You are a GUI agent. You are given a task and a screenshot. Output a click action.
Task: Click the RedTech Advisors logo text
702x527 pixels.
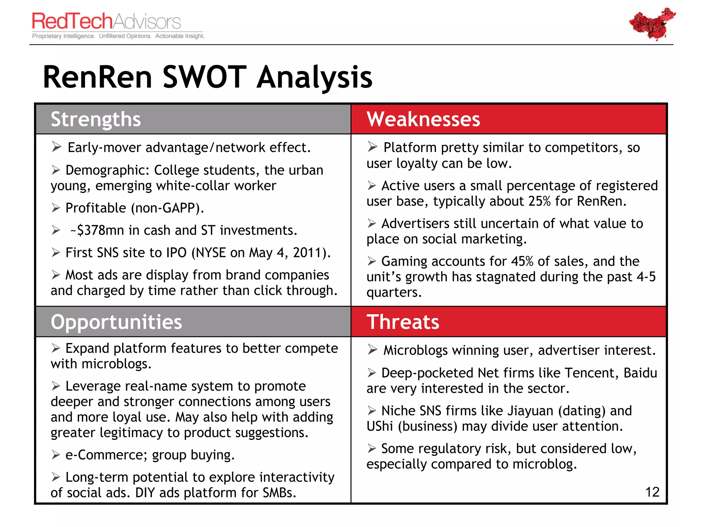click(x=106, y=21)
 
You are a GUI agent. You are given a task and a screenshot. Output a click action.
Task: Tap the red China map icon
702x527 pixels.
click(x=652, y=23)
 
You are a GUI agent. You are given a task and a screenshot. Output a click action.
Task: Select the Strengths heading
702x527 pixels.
click(x=96, y=119)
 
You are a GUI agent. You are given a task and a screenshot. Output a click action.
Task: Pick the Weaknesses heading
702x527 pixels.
click(x=423, y=119)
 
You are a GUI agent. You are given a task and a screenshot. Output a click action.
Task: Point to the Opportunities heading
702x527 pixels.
click(x=116, y=322)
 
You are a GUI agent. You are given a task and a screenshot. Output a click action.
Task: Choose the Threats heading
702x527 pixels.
click(x=403, y=322)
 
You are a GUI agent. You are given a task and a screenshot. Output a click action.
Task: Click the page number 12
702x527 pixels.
click(x=652, y=492)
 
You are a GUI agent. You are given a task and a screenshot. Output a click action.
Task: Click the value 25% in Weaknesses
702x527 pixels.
click(x=539, y=201)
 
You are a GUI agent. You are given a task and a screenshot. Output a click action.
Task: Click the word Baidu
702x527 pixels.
click(x=640, y=373)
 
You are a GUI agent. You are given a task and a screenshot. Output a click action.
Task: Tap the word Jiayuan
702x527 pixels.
click(x=530, y=411)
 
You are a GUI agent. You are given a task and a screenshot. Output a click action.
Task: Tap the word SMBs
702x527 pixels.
click(x=279, y=493)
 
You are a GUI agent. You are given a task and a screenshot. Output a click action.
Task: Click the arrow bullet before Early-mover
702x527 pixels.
click(x=57, y=147)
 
